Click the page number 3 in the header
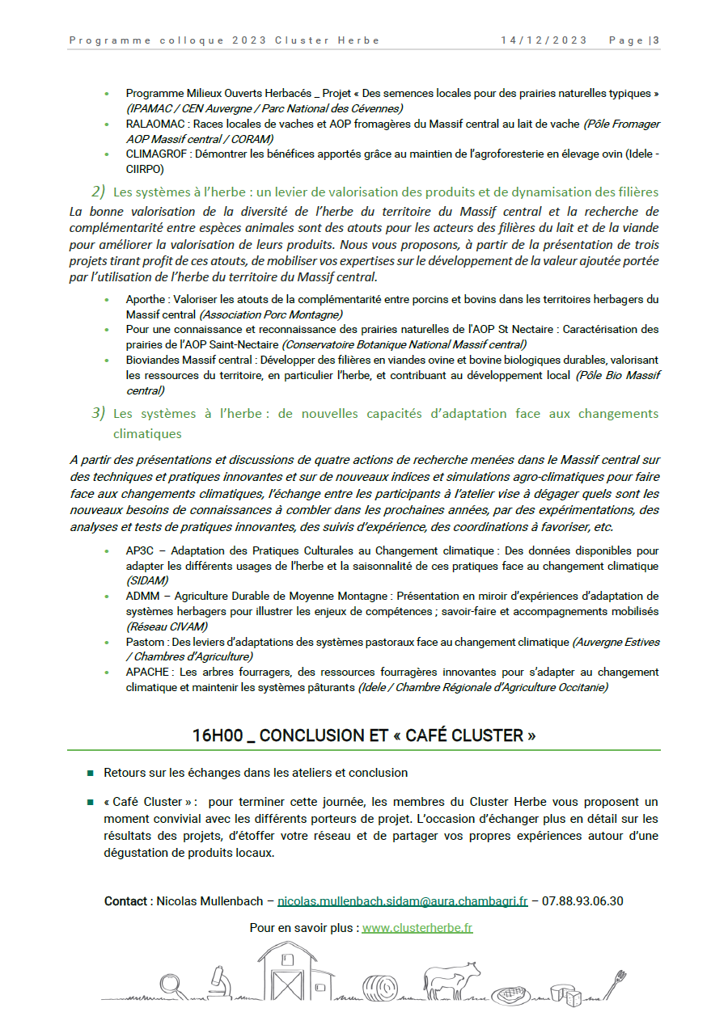[656, 40]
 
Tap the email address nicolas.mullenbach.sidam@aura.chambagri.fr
[402, 900]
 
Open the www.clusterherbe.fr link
[417, 928]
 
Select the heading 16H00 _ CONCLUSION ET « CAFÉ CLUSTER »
[364, 736]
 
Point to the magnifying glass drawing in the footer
[171, 985]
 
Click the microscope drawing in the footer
[218, 980]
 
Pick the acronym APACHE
[148, 673]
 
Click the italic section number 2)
[99, 192]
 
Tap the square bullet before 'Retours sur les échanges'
[91, 774]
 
